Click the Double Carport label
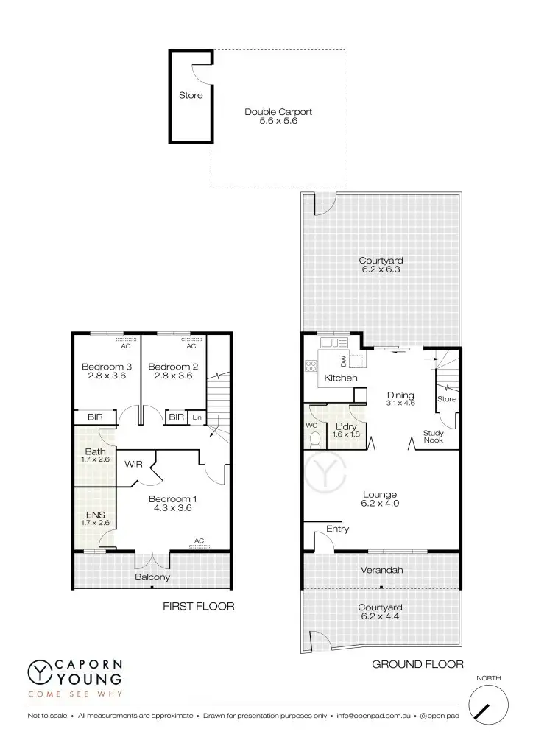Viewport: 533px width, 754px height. point(278,112)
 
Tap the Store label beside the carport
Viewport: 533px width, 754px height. point(191,95)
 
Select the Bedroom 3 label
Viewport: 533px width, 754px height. point(107,367)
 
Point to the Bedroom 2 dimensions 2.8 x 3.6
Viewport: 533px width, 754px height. point(173,376)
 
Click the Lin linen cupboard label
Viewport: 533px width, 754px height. point(196,417)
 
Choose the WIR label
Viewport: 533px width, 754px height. point(133,465)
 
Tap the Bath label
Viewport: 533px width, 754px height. point(95,451)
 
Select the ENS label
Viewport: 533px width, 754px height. point(95,515)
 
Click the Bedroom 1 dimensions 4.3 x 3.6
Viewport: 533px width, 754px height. point(174,507)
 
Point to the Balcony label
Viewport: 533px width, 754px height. point(152,577)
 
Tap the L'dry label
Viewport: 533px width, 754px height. point(346,426)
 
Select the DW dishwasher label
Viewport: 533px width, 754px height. point(343,361)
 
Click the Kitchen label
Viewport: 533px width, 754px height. point(341,378)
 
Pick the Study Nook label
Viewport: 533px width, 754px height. point(433,437)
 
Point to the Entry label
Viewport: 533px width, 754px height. point(337,529)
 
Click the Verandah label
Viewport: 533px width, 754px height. point(381,570)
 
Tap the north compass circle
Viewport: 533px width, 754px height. point(488,705)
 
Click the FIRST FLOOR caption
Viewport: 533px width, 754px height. point(198,607)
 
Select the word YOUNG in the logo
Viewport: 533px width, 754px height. point(88,677)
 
